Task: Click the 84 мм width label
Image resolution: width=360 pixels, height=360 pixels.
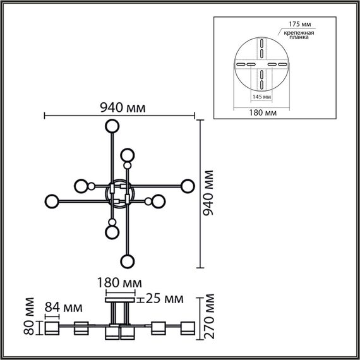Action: pos(64,308)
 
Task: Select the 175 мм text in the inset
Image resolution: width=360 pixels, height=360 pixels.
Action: pos(301,24)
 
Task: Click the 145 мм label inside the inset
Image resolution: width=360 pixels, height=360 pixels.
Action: pos(262,97)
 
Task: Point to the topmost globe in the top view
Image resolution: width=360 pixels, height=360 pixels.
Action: pos(112,124)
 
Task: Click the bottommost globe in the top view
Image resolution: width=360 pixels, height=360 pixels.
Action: pos(128,261)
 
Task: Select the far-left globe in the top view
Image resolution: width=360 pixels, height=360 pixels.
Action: pos(51,202)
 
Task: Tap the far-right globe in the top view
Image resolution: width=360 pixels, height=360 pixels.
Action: pos(187,186)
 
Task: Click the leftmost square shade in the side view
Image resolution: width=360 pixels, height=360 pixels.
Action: pos(51,329)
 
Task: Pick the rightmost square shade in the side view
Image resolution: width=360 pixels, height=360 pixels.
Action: pos(188,329)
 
